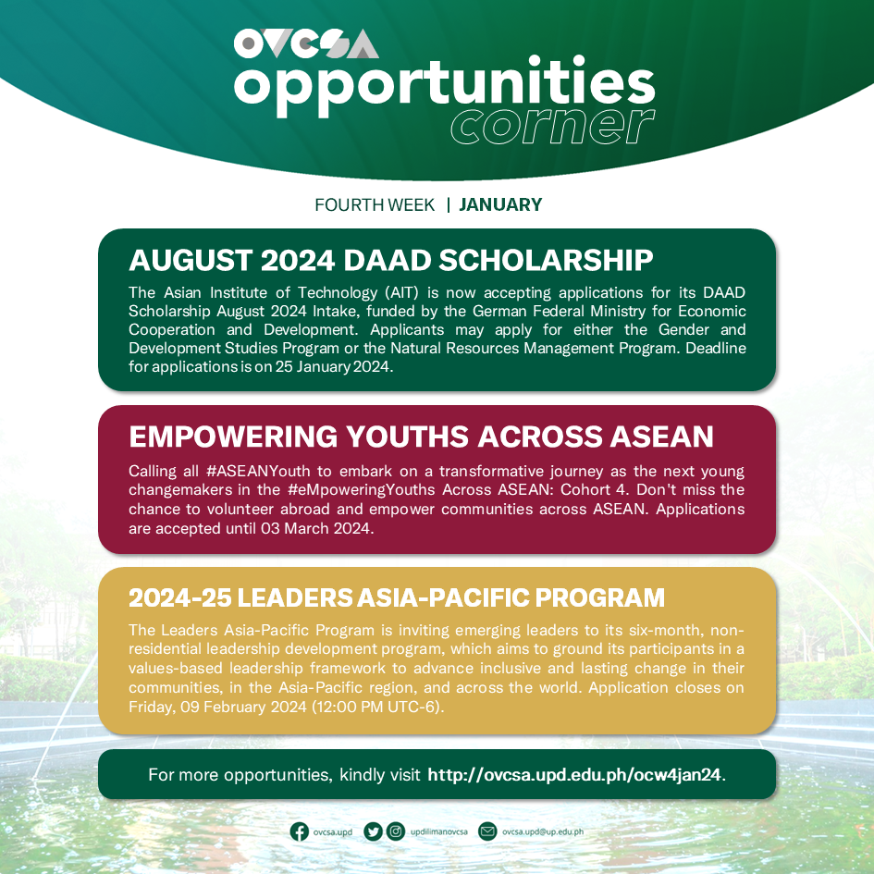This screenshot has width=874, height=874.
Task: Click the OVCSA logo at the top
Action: [x=306, y=44]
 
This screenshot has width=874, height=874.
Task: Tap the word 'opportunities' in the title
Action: [x=444, y=86]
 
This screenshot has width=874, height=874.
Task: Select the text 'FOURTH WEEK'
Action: [x=375, y=204]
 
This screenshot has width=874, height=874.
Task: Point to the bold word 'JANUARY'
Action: [x=500, y=204]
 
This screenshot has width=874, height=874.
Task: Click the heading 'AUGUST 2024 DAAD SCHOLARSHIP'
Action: [x=391, y=260]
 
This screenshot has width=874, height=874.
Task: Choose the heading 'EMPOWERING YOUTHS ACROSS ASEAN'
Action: [x=421, y=436]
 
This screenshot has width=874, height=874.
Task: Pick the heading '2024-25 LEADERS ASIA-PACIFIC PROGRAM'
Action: [x=397, y=597]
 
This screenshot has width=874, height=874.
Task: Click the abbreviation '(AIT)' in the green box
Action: [x=395, y=292]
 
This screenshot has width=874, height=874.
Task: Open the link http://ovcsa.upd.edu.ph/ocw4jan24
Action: [x=574, y=774]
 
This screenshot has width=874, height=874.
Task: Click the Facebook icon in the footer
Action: [x=300, y=831]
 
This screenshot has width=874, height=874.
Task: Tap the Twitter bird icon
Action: [x=373, y=831]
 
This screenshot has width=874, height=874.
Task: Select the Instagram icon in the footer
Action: [x=396, y=831]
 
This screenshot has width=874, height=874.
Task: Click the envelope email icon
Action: [x=487, y=831]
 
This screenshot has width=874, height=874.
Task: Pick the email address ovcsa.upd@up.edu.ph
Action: [x=543, y=832]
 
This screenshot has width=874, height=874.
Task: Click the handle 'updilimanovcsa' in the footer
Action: [x=439, y=832]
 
